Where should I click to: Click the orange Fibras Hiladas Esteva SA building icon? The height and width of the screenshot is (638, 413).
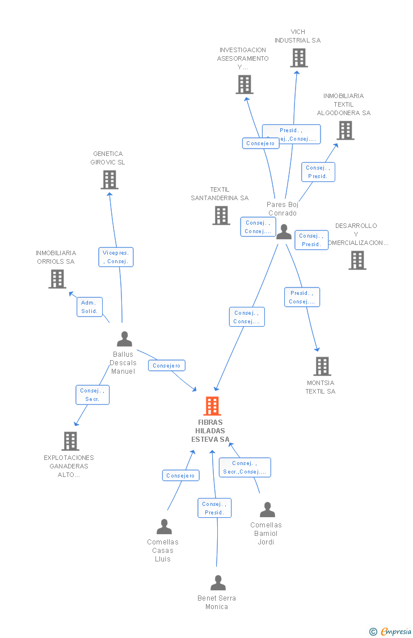click(212, 406)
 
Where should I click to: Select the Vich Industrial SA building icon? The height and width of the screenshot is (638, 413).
click(299, 58)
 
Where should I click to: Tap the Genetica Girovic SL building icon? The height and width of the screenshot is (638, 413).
click(109, 180)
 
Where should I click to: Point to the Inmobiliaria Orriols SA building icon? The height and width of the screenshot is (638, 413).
click(57, 279)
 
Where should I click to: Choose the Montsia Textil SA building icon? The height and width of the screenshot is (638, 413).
click(322, 366)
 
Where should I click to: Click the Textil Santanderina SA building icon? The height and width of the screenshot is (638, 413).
click(221, 216)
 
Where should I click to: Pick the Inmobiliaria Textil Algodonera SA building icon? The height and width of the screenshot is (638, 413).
click(345, 130)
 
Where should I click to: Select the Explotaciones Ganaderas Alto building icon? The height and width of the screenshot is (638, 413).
click(70, 441)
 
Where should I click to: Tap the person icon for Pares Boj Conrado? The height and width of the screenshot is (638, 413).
click(284, 231)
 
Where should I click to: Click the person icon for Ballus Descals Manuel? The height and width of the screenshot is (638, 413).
click(124, 339)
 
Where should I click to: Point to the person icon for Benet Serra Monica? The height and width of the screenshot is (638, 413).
click(218, 583)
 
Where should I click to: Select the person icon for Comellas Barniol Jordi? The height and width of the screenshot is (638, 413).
click(267, 510)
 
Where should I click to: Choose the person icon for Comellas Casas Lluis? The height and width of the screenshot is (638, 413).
click(164, 527)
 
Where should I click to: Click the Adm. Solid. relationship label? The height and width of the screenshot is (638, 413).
click(90, 307)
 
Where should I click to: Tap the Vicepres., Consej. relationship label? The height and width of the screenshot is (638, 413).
click(116, 257)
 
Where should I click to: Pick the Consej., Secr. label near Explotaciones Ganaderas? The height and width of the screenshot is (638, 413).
click(92, 395)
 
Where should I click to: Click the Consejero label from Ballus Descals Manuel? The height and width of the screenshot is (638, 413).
click(167, 366)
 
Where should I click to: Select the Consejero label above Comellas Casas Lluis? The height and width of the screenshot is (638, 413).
click(180, 476)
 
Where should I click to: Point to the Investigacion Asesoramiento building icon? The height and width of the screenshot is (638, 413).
click(245, 84)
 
